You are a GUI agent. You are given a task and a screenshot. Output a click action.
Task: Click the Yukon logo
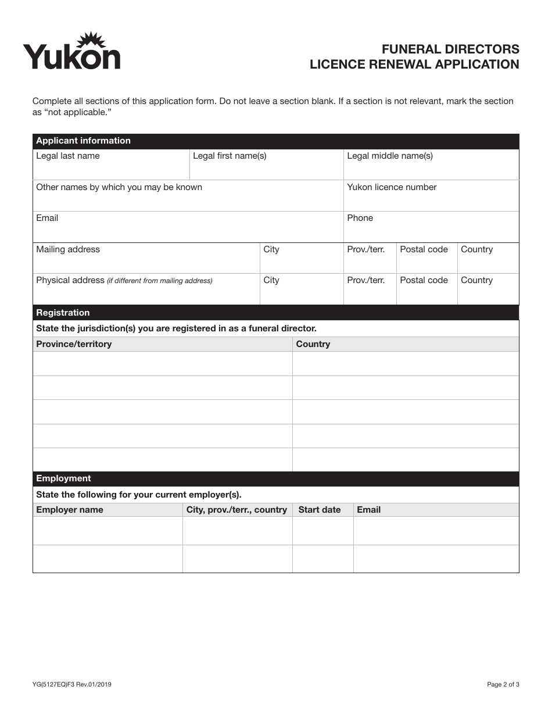pos(71,51)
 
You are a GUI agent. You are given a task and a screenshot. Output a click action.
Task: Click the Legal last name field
pos(111,165)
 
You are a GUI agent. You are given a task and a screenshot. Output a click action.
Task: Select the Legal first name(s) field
pos(266,165)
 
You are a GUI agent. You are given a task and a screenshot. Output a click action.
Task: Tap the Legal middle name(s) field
pos(431,165)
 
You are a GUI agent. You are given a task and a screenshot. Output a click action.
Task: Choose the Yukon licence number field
pos(431,196)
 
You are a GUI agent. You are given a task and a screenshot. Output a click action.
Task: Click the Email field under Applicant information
pos(188,227)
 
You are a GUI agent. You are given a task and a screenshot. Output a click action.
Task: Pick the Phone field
pos(431,227)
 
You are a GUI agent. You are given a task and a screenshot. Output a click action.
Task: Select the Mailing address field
pos(146,258)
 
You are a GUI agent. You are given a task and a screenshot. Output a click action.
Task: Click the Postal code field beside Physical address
pos(426,289)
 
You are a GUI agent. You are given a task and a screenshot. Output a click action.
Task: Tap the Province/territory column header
pos(74,344)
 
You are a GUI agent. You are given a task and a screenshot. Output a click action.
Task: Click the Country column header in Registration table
pos(313,344)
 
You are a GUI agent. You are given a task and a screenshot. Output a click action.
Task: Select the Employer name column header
pos(70,510)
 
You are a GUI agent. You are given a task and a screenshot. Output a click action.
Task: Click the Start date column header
pos(320,510)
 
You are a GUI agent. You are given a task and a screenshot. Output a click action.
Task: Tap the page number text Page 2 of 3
pos(503,684)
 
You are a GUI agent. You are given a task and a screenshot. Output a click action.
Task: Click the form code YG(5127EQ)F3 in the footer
pos(72,684)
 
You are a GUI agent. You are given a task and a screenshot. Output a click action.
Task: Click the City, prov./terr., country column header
pos(236,510)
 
